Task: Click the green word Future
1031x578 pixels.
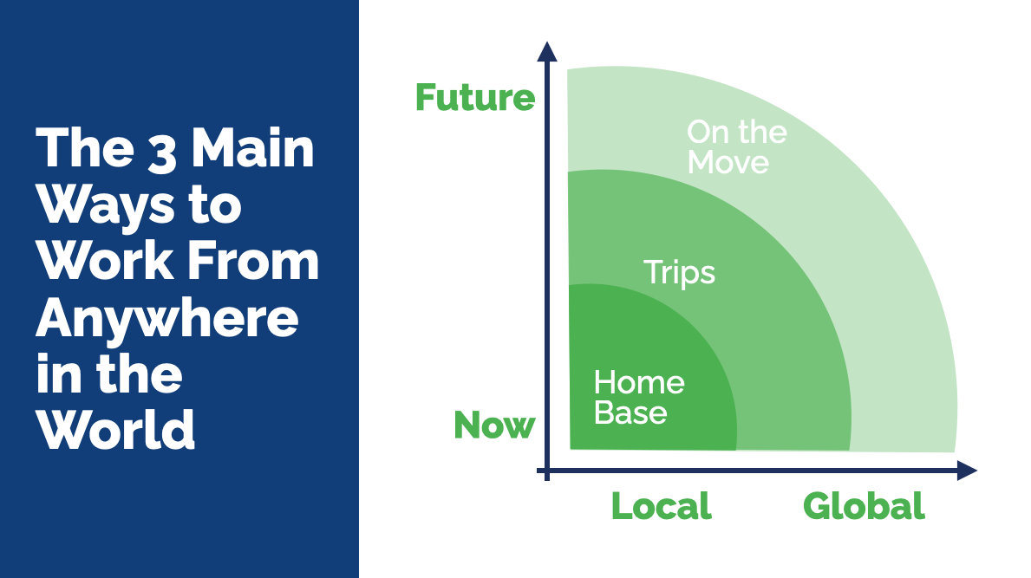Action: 475,97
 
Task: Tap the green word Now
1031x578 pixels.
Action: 494,425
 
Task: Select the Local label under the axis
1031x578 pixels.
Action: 662,506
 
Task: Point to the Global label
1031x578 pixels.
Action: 864,506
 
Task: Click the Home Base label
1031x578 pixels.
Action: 639,398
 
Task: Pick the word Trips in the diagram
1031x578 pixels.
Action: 679,273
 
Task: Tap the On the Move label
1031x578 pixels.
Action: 737,147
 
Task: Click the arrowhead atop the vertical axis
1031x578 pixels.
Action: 547,52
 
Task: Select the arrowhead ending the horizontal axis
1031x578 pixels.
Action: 967,471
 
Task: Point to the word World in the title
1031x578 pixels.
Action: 115,430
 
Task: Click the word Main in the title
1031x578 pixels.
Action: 253,148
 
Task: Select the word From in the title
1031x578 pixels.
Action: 253,261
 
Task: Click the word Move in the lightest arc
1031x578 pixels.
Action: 728,162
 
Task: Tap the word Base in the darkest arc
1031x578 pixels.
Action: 630,413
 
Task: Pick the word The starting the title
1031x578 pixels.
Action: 85,148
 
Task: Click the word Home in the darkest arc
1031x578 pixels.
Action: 639,382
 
